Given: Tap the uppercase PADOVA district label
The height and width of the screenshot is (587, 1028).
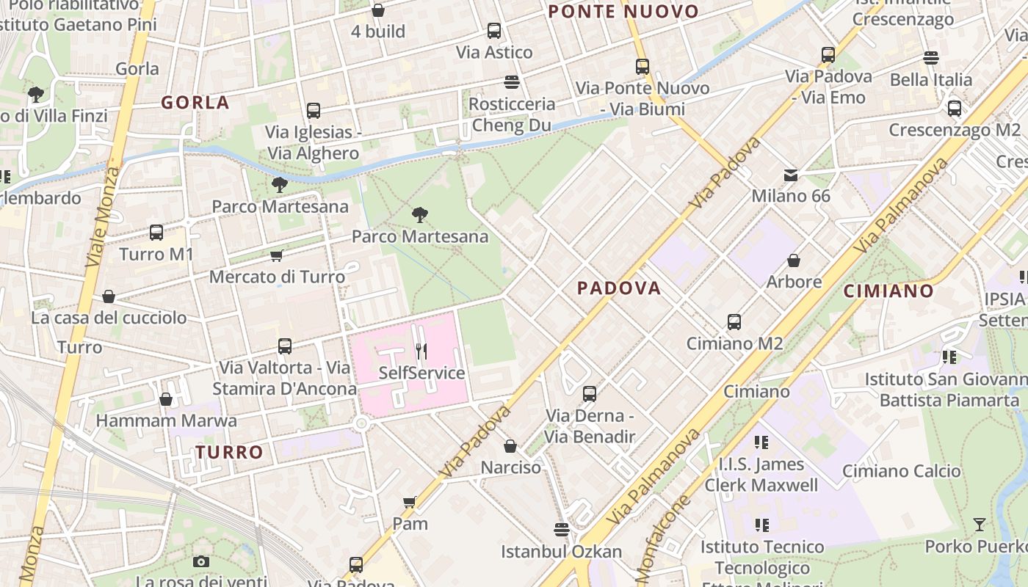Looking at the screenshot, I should pyautogui.click(x=619, y=288).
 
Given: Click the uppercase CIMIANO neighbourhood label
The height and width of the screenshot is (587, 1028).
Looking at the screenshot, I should pyautogui.click(x=888, y=291).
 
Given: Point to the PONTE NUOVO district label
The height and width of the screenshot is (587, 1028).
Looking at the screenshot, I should pyautogui.click(x=623, y=12).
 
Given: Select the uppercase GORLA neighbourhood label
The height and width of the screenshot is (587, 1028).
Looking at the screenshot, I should pyautogui.click(x=195, y=103).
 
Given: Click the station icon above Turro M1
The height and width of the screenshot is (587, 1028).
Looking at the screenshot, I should pyautogui.click(x=156, y=233).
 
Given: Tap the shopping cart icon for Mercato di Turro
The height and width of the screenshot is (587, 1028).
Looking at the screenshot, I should pyautogui.click(x=277, y=255).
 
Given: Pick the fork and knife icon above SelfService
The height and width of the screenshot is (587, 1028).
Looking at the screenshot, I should pyautogui.click(x=421, y=351).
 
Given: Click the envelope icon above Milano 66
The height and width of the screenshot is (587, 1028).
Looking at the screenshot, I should pyautogui.click(x=791, y=175).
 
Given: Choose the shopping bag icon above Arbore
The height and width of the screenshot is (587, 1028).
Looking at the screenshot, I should pyautogui.click(x=794, y=260).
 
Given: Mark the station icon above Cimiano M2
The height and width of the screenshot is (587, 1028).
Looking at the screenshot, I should pyautogui.click(x=734, y=321).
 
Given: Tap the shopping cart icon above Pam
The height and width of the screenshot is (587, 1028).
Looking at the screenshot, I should pyautogui.click(x=410, y=502).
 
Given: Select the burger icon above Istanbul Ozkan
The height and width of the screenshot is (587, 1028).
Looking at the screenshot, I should pyautogui.click(x=562, y=529).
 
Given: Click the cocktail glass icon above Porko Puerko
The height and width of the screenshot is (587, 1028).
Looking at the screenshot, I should pyautogui.click(x=980, y=525).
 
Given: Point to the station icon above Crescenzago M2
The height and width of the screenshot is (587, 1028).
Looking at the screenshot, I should pyautogui.click(x=955, y=109).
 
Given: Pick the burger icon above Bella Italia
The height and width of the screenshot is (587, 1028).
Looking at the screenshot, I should pyautogui.click(x=931, y=58).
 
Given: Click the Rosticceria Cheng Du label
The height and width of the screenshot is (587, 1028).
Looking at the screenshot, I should pyautogui.click(x=512, y=114).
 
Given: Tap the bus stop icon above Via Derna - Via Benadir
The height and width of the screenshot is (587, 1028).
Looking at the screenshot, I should pyautogui.click(x=590, y=394).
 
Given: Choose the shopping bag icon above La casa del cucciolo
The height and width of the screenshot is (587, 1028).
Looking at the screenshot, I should pyautogui.click(x=109, y=296).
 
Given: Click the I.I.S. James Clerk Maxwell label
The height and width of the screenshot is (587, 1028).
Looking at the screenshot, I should pyautogui.click(x=761, y=475).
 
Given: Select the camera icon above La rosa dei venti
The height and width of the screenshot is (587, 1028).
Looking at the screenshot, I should pyautogui.click(x=201, y=561).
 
